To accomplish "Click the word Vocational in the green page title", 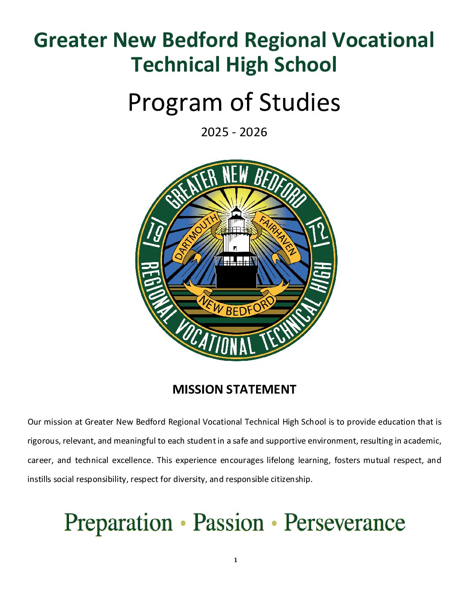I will (382, 40).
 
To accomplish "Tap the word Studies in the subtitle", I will (299, 103).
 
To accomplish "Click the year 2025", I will (215, 132).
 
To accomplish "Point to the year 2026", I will (253, 132).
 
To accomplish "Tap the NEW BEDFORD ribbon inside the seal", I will (236, 304).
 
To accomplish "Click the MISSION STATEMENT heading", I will (234, 390).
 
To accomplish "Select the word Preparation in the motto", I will (118, 523).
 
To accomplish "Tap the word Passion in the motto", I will (228, 523).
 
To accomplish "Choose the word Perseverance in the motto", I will (344, 523).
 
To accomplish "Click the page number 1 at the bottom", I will (235, 560).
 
